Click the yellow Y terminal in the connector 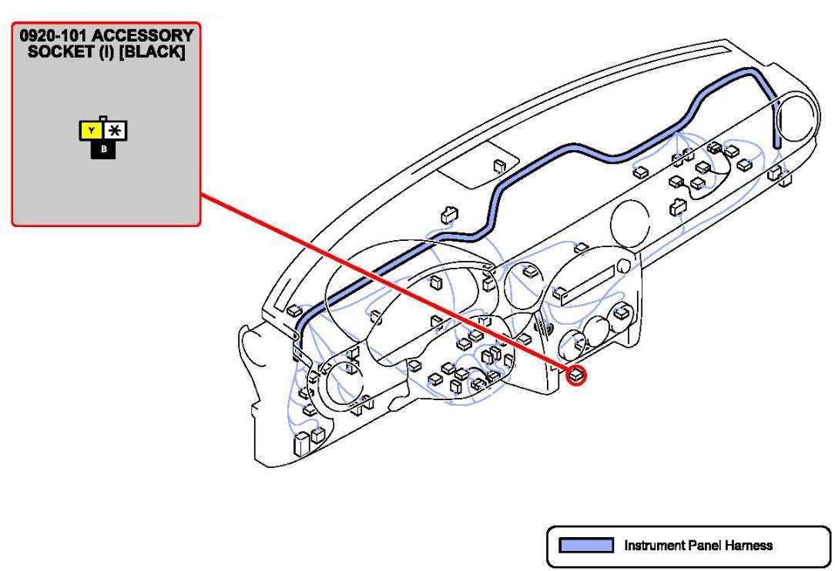pos(92,131)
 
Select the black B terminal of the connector pos(103,149)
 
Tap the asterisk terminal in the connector pos(115,131)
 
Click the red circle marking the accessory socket pos(575,376)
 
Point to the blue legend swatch pos(585,545)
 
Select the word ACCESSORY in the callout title pos(143,35)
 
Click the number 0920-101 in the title pos(54,35)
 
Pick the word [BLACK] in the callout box pos(152,52)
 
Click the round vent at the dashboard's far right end pos(795,116)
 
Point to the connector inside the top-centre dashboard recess pos(499,166)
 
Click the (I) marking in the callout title pos(108,52)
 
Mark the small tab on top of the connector pos(103,119)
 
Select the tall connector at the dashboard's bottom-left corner pos(301,444)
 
